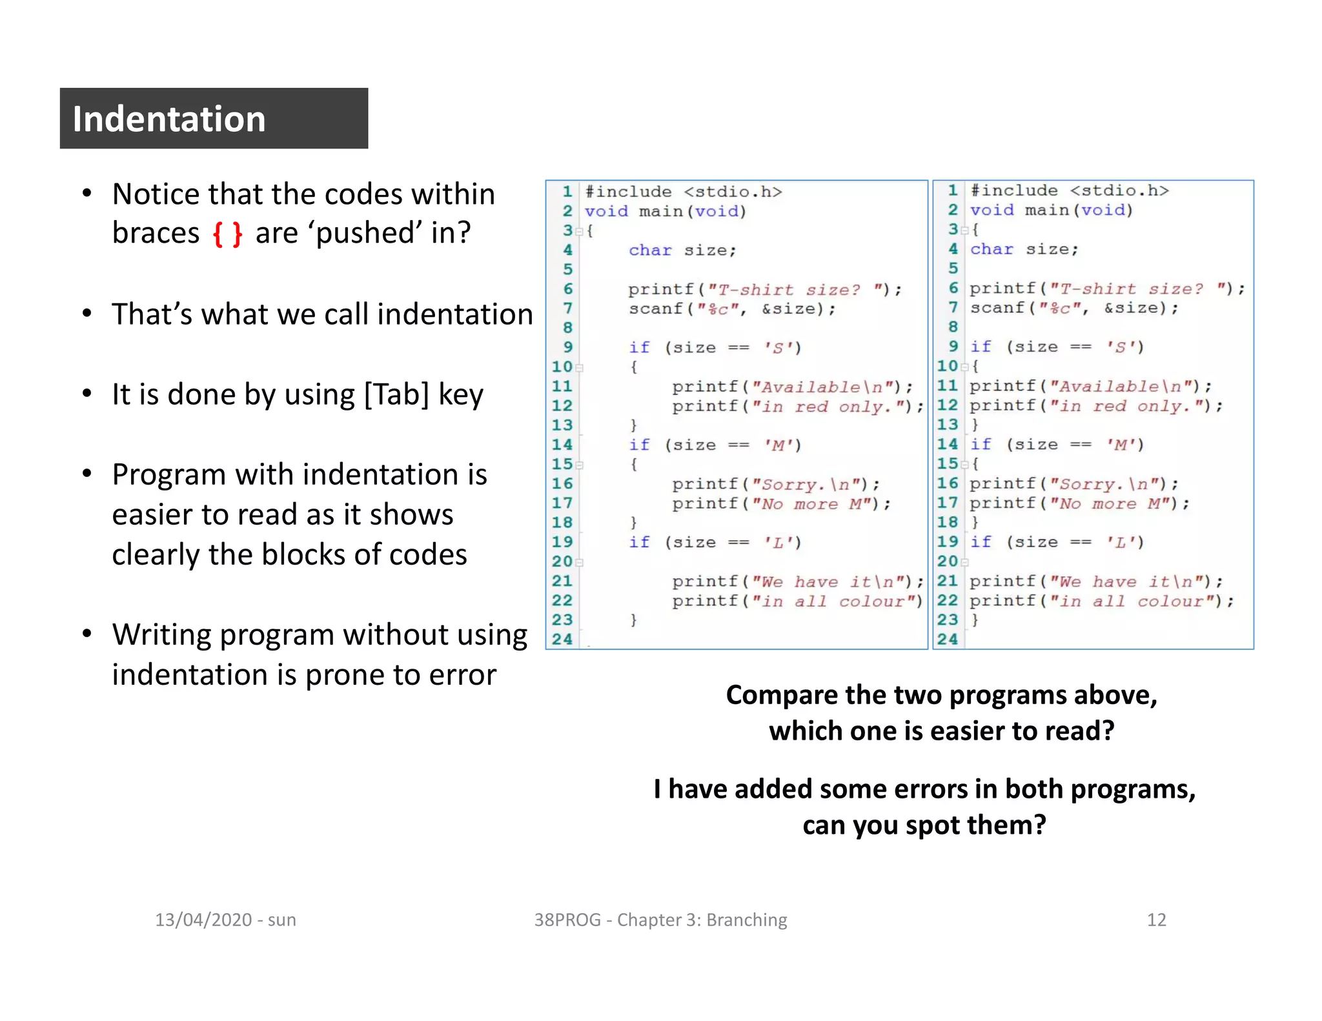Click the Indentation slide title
tap(169, 119)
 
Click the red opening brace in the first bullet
tap(218, 234)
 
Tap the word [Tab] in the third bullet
tap(396, 394)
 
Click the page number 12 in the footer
tap(1156, 920)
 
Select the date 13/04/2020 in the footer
tap(203, 920)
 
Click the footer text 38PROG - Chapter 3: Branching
tap(660, 920)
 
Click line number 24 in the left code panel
tap(562, 640)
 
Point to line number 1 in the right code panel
tap(952, 190)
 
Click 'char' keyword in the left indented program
tap(650, 250)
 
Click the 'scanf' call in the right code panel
tap(997, 308)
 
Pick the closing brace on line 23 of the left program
tap(634, 620)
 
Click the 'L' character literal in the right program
tap(1121, 542)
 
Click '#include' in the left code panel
tap(628, 192)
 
